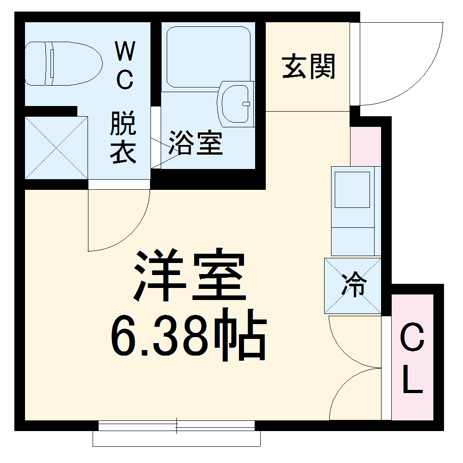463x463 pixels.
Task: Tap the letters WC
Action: tap(124, 65)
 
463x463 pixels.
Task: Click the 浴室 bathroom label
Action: tap(195, 143)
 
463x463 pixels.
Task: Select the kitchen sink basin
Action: tap(352, 189)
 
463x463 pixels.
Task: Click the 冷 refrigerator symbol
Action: tap(353, 285)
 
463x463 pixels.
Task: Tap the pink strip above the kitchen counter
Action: tap(365, 146)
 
